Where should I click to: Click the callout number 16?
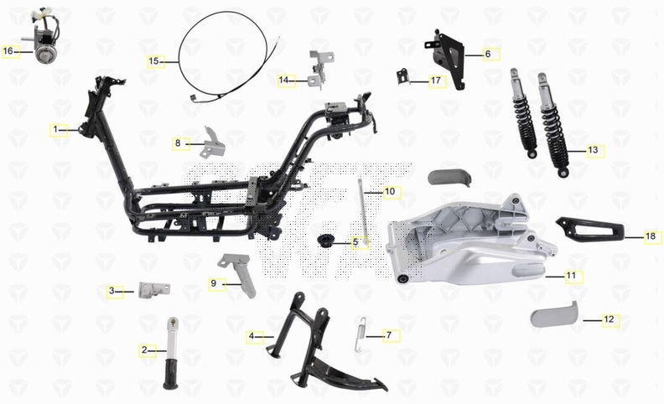tap(8, 51)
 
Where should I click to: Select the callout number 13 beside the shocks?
tap(593, 150)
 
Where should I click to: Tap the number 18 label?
tap(651, 236)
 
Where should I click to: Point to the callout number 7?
tap(389, 335)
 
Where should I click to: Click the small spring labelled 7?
tap(360, 334)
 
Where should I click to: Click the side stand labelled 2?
tap(171, 353)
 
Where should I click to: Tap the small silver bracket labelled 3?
tap(154, 290)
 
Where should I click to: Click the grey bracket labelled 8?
tap(214, 142)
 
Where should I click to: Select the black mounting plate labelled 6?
tap(446, 58)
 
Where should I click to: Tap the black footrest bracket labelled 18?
tap(589, 229)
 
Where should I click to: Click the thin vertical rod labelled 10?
tap(362, 213)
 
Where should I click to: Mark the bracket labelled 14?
tap(320, 70)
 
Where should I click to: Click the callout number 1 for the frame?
tap(55, 129)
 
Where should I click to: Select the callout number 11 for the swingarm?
tap(571, 276)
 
